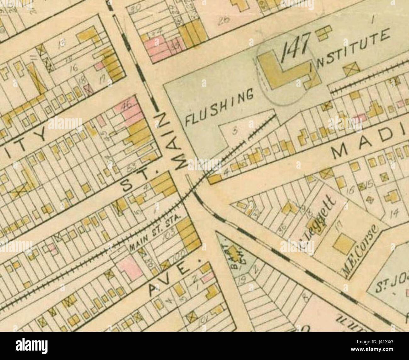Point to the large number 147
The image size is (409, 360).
[x=296, y=49]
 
